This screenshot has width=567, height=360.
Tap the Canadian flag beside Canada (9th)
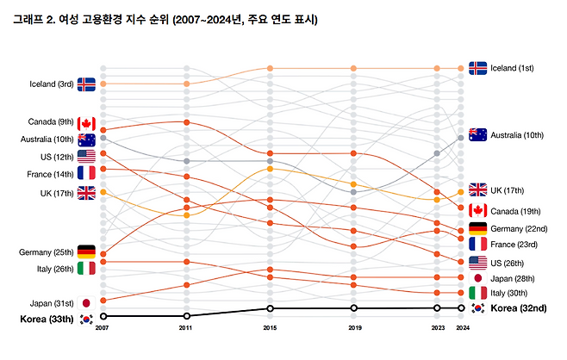point(86,123)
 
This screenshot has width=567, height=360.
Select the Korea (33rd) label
point(47,319)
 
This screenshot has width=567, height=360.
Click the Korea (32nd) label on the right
point(522,307)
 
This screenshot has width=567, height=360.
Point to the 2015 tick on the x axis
point(271,328)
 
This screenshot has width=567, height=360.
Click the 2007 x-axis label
point(103,328)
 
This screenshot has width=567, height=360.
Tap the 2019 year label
point(353,328)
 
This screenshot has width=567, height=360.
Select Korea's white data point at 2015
point(271,307)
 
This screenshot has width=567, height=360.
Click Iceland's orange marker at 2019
point(353,68)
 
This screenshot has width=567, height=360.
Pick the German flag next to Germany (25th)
point(86,251)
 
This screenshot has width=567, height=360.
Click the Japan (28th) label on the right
point(513,278)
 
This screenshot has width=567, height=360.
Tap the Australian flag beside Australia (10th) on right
point(478,134)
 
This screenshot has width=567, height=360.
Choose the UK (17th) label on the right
point(509,190)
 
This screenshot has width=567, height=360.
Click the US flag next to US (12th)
point(86,157)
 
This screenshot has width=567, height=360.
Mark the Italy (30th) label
point(512,293)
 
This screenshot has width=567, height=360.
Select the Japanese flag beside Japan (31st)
point(86,302)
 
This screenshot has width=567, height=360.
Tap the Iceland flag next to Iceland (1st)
point(478,68)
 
